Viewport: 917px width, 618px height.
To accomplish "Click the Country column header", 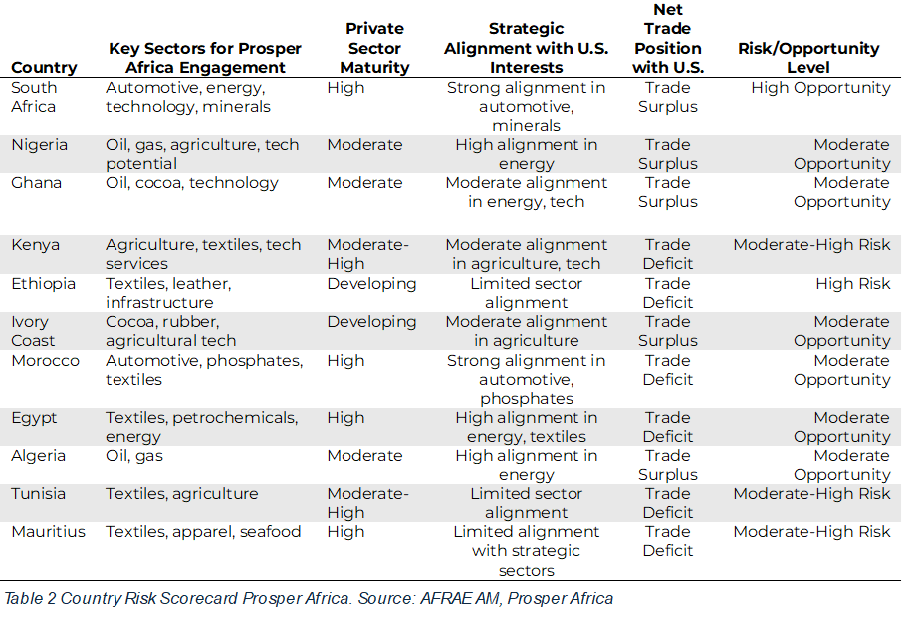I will point(44,68).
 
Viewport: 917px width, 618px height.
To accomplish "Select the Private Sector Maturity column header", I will point(374,48).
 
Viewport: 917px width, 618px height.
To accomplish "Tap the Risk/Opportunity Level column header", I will point(808,58).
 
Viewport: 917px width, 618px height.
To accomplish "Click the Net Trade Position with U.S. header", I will point(667,39).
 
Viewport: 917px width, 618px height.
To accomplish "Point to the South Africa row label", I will point(34,97).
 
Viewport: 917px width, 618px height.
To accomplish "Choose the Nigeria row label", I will point(40,145).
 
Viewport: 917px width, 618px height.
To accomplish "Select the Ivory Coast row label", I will point(35,331).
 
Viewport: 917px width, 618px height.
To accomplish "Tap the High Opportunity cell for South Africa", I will point(820,88).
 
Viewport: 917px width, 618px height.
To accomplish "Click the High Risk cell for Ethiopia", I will point(852,284).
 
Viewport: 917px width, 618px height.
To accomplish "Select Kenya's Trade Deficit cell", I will point(667,254).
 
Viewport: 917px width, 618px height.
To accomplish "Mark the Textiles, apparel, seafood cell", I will point(203,532).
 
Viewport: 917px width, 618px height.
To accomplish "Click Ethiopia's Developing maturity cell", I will point(371,284).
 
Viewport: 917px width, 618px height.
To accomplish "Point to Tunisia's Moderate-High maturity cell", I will point(367,503).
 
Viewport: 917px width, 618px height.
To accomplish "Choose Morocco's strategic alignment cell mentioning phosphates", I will point(526,379).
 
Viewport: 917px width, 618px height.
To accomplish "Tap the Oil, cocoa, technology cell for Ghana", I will point(192,183).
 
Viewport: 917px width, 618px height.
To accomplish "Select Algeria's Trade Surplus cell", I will point(667,465).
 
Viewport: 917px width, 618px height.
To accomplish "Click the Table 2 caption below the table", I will point(309,598).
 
